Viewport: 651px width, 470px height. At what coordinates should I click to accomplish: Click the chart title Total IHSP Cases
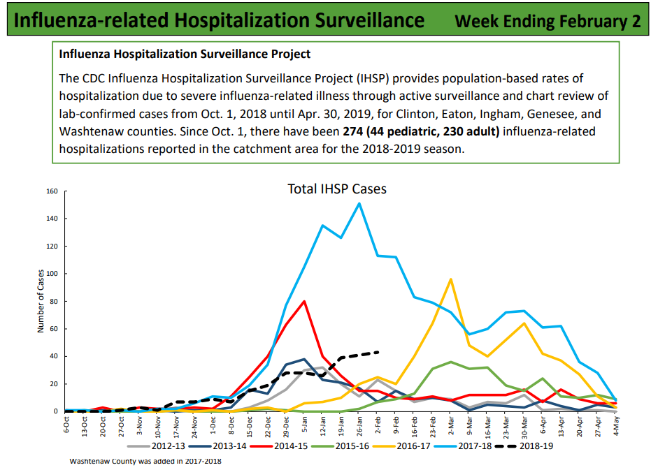coord(337,189)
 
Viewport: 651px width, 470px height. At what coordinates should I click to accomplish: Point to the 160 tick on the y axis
coord(50,191)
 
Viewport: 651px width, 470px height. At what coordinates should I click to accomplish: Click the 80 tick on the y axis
coord(52,301)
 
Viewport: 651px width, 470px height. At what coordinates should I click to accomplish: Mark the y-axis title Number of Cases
coord(41,301)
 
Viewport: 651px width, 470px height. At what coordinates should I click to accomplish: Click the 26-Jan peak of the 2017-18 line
coord(359,203)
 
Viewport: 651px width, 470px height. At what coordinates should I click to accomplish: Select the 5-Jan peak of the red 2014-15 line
coord(304,301)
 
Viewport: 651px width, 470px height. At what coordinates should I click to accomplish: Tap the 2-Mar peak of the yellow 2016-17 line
coord(450,279)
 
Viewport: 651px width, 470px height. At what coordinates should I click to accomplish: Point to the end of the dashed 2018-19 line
coord(378,352)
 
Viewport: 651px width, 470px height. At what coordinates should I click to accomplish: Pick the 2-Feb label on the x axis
coord(378,423)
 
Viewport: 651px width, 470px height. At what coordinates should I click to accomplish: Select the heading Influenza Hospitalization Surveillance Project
coord(185,54)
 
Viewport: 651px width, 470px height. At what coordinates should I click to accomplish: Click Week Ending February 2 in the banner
coord(548,20)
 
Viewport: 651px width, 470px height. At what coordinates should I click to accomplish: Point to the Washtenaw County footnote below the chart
coord(145,461)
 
